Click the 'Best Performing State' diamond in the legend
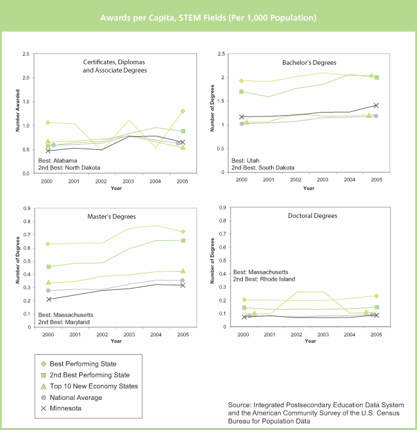coord(44,364)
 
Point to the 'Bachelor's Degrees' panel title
coord(309,63)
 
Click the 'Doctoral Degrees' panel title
coord(312,216)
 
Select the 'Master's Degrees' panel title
coord(111,217)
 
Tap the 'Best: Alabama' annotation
coord(58,161)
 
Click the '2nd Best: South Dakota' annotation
coord(263,168)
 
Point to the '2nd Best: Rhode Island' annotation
coord(264,279)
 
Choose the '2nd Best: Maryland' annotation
coord(63,322)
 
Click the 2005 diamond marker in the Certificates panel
coord(183,111)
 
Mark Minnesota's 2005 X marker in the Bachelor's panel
coord(376,105)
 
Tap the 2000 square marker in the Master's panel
coord(48,266)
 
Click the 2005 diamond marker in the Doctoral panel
coord(376,296)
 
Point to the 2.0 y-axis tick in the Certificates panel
coord(26,78)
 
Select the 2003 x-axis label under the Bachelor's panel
coord(323,179)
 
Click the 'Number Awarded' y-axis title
coord(18,111)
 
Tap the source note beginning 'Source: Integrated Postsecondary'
coord(316,413)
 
